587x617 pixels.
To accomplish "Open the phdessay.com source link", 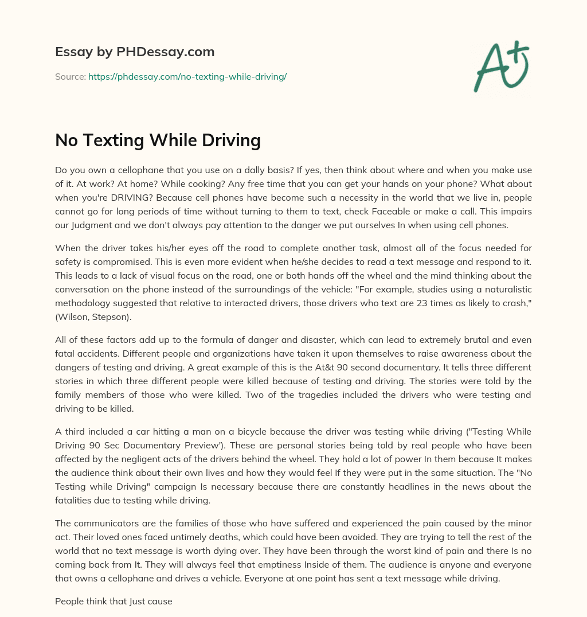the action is click(x=187, y=76).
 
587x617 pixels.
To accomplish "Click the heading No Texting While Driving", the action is click(x=158, y=140).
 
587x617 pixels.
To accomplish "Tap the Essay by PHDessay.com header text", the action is click(x=135, y=52).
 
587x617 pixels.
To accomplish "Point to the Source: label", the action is click(x=71, y=76).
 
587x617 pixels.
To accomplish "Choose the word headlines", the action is click(x=378, y=487).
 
